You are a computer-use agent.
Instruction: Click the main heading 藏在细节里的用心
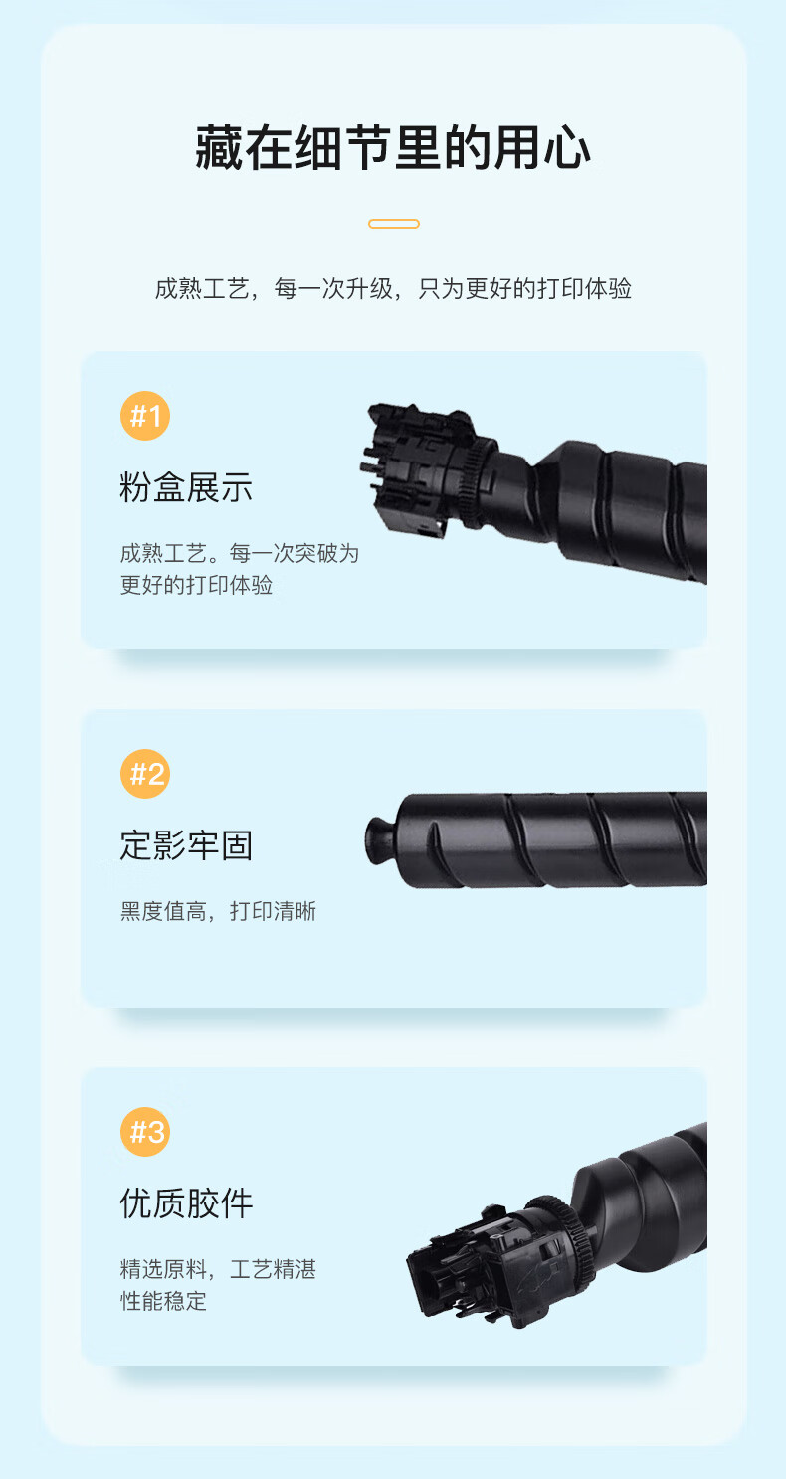pyautogui.click(x=393, y=148)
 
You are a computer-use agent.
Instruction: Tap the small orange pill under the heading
pyautogui.click(x=394, y=224)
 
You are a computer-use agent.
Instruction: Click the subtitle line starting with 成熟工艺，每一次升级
pyautogui.click(x=393, y=289)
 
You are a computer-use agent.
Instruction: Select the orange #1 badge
pyautogui.click(x=145, y=416)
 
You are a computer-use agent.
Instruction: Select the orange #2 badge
pyautogui.click(x=145, y=774)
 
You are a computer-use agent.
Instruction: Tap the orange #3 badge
pyautogui.click(x=145, y=1132)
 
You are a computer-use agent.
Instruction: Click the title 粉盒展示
pyautogui.click(x=186, y=488)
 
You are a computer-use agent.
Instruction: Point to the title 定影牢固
pyautogui.click(x=186, y=845)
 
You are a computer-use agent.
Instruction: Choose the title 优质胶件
pyautogui.click(x=186, y=1203)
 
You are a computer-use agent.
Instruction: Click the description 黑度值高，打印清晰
pyautogui.click(x=218, y=911)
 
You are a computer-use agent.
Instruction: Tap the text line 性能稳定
pyautogui.click(x=163, y=1301)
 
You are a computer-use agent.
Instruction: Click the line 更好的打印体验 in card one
pyautogui.click(x=196, y=585)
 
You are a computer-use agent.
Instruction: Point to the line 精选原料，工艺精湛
pyautogui.click(x=218, y=1269)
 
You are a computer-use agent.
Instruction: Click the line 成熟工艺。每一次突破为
pyautogui.click(x=240, y=553)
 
